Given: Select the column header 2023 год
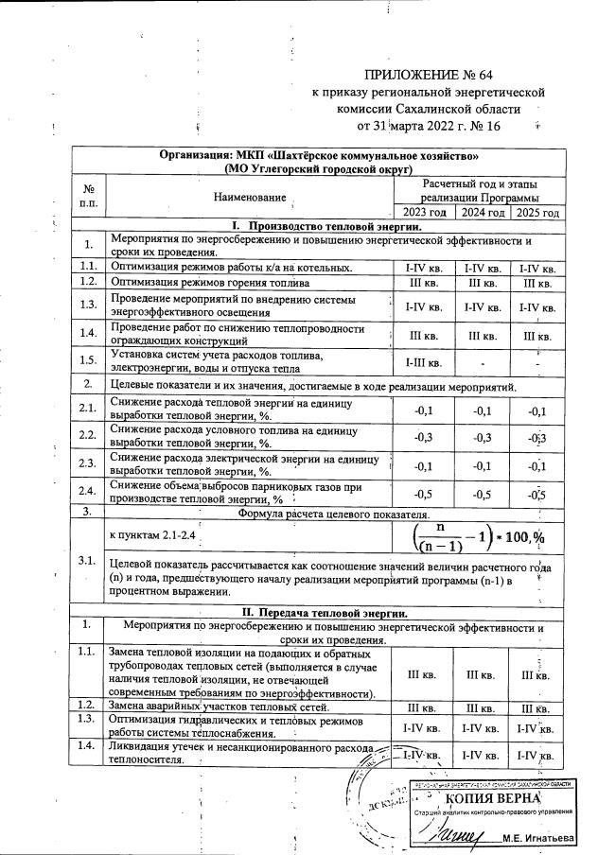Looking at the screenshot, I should pyautogui.click(x=423, y=213).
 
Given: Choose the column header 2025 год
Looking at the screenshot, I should pyautogui.click(x=536, y=213).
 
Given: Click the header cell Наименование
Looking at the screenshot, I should pyautogui.click(x=250, y=197).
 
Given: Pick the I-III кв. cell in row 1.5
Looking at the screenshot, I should pyautogui.click(x=423, y=361).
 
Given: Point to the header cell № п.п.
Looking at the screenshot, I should pyautogui.click(x=88, y=197).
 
